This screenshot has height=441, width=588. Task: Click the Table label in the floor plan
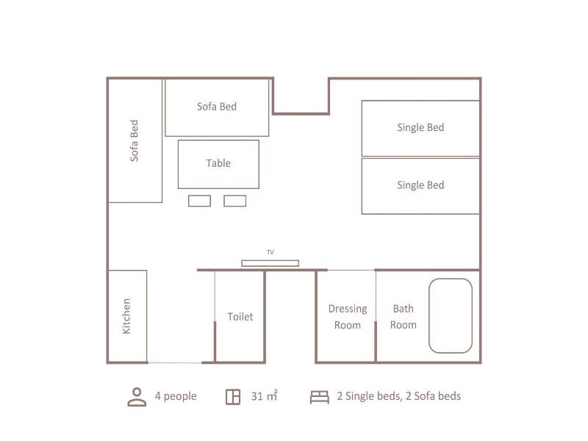(x=218, y=163)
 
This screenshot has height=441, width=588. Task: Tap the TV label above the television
(x=270, y=252)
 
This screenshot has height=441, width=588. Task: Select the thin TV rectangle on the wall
(x=270, y=263)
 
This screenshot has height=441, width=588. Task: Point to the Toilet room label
(x=240, y=317)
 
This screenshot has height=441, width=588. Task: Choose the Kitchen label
(x=126, y=316)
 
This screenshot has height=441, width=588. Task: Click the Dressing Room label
(x=348, y=317)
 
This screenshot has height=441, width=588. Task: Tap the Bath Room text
(x=403, y=317)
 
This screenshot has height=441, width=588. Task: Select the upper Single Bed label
(x=420, y=127)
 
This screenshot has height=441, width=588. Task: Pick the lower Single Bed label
(x=420, y=185)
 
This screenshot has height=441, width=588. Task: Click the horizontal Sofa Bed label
(x=217, y=107)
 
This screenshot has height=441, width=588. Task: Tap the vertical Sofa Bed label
(x=134, y=140)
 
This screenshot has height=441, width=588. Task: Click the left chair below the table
(x=199, y=201)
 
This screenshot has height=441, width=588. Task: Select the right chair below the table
(x=234, y=201)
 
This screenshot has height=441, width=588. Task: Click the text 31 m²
(x=265, y=396)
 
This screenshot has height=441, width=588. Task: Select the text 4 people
(x=176, y=396)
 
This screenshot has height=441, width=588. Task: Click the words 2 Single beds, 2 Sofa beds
(x=398, y=396)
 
